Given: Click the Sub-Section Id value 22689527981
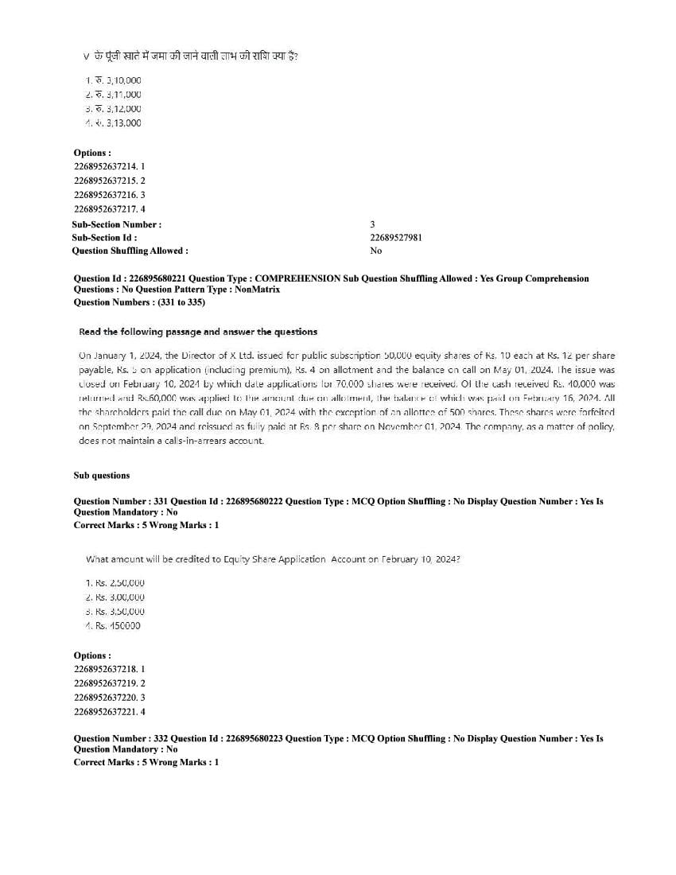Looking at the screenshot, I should [x=396, y=238].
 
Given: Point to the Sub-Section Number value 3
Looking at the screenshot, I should [x=372, y=225].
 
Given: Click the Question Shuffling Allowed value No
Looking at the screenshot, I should [x=375, y=251].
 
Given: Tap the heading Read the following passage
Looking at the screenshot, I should [x=198, y=332].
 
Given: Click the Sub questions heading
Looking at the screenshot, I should [x=102, y=476].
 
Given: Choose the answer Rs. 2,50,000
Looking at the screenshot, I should [x=115, y=583].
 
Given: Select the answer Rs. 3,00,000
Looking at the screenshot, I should [x=115, y=597].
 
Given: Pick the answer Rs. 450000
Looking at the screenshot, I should [x=113, y=626].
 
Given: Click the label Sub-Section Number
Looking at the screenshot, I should [x=116, y=225].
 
